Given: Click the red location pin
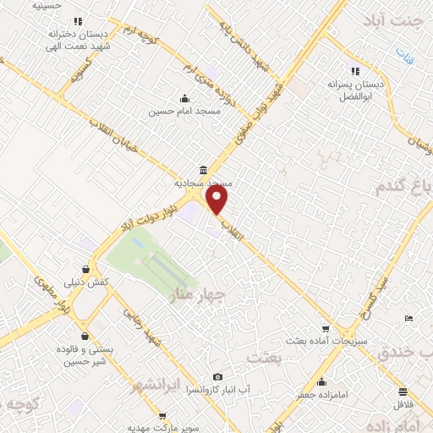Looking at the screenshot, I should click(x=217, y=200).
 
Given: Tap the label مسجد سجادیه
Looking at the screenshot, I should click(x=203, y=182).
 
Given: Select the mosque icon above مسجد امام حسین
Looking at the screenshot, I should click(x=184, y=98).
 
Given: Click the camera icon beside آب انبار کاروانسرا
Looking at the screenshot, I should click(x=218, y=376).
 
